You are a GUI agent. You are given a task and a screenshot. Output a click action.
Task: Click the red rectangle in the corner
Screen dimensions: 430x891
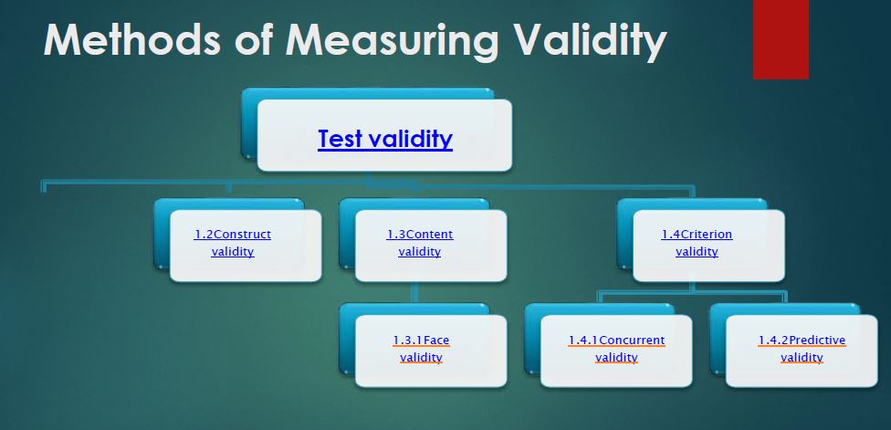tap(781, 38)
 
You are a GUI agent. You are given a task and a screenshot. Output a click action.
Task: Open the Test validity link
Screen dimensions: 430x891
tap(385, 139)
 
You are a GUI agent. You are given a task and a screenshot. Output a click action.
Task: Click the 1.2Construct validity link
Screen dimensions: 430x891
tap(233, 243)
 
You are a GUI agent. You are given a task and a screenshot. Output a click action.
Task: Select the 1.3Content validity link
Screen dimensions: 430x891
tap(419, 243)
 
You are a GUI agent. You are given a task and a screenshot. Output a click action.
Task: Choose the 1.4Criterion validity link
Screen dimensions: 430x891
tap(697, 243)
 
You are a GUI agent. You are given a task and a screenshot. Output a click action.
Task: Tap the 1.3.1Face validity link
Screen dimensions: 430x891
tap(421, 349)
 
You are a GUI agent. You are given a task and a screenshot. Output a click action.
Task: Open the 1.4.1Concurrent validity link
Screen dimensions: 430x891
tap(616, 349)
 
